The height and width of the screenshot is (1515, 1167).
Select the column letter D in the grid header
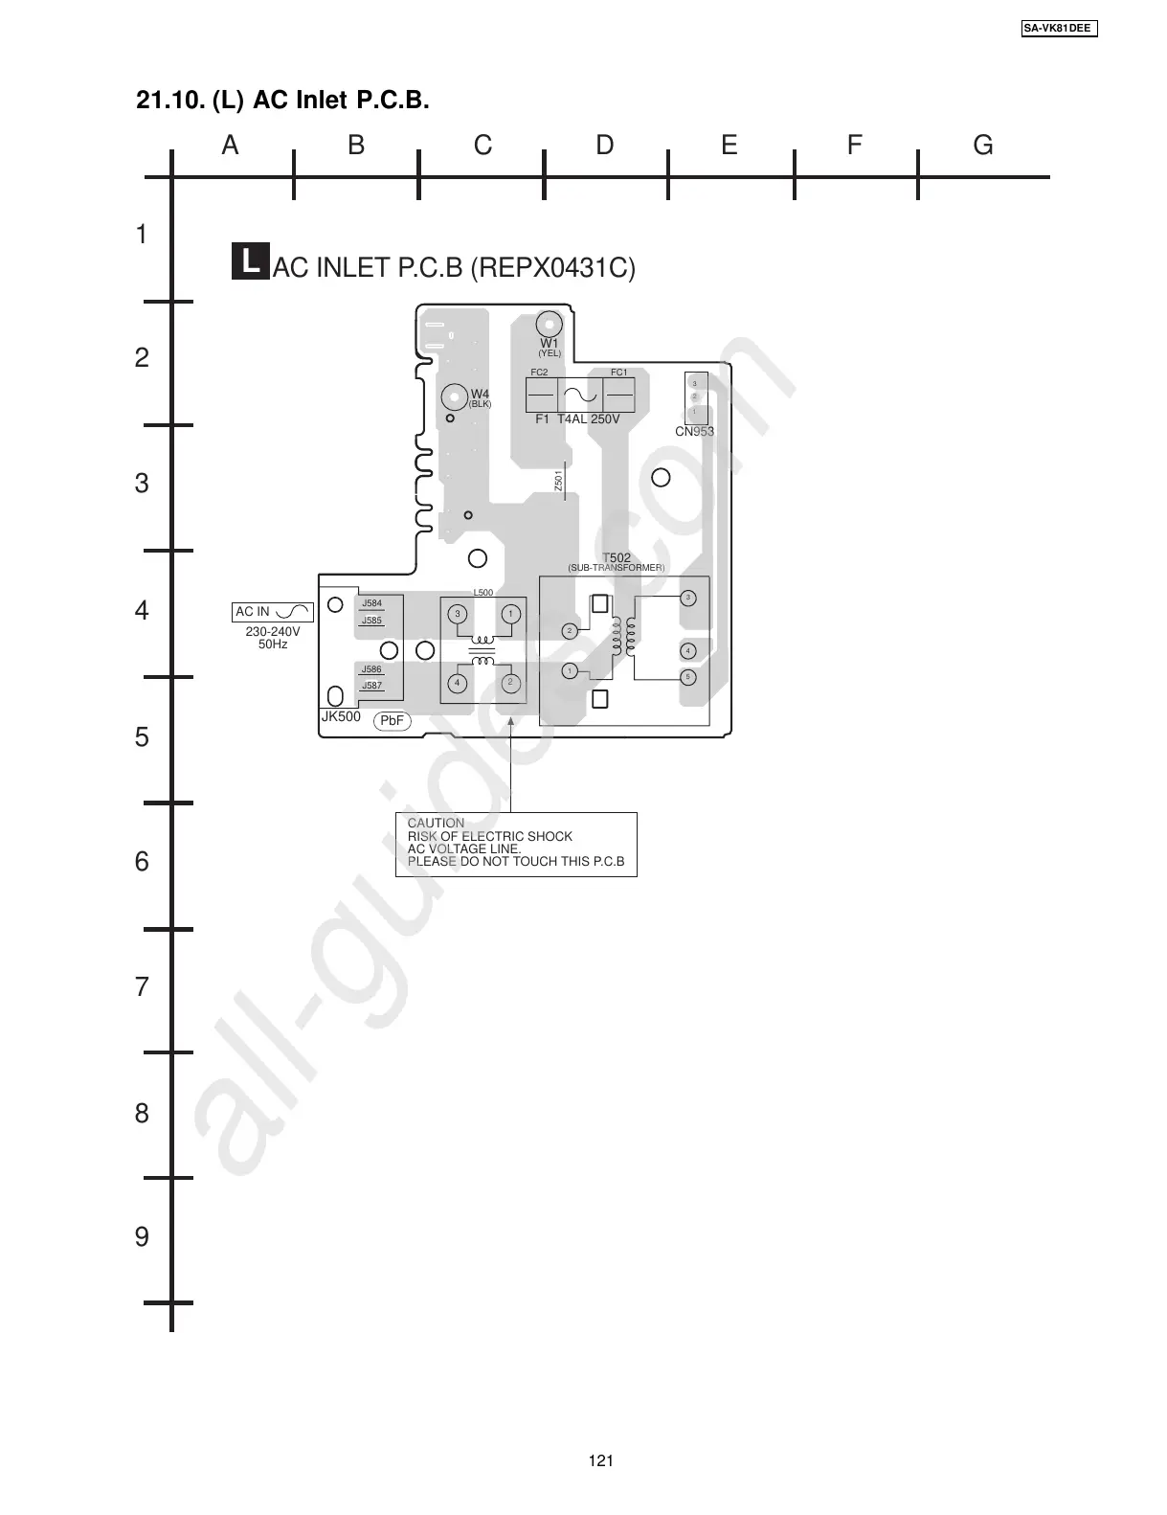605,146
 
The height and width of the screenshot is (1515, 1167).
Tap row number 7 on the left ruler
142,987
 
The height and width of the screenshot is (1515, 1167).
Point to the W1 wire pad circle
549,324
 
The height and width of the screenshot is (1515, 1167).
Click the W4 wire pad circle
454,396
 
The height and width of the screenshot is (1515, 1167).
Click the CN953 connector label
694,432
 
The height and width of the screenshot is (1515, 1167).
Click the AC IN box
273,612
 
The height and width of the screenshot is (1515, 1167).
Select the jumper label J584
371,603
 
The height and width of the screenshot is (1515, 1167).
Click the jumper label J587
371,686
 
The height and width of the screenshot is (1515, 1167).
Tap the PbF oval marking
393,720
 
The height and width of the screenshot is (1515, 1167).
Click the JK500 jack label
341,716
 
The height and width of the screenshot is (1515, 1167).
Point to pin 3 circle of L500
458,614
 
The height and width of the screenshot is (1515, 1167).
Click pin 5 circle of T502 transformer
687,677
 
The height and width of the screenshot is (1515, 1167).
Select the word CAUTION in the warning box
436,824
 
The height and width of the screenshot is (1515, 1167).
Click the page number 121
601,1460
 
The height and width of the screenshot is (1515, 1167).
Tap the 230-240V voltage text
273,633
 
